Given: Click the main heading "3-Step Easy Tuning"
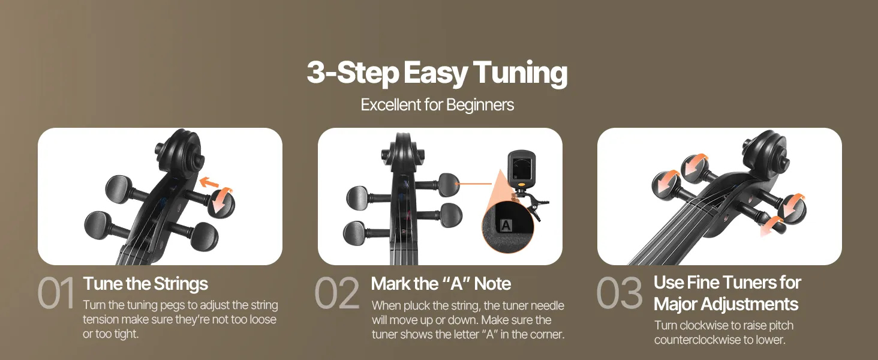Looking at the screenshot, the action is [x=437, y=73].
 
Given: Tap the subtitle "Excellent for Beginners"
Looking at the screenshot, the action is [x=437, y=105].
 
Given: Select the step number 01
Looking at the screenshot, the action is [x=56, y=293].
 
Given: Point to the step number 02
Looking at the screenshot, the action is [x=337, y=293].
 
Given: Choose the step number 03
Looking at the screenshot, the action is [x=619, y=293].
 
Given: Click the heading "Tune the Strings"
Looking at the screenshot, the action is [x=145, y=284].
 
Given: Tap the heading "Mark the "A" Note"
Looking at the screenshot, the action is [x=441, y=284].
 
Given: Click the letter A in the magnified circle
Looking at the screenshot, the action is [x=506, y=226].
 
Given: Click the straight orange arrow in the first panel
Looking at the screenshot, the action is [x=209, y=182].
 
